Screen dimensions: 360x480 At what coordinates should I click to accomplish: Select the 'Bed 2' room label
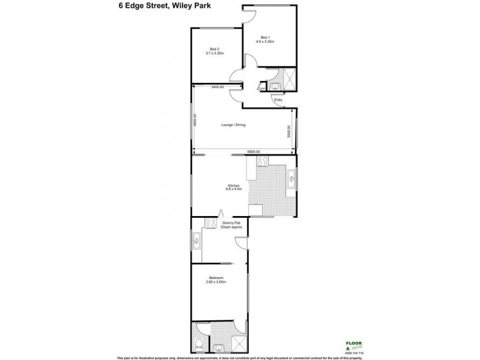[215, 51]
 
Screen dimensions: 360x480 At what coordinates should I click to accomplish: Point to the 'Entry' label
[278, 100]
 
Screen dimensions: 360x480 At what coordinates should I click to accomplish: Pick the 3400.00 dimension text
[217, 88]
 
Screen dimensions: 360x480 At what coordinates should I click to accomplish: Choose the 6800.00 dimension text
[253, 151]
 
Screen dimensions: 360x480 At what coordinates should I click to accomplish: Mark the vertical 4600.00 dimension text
[195, 120]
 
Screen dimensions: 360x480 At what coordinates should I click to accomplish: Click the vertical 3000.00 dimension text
[290, 131]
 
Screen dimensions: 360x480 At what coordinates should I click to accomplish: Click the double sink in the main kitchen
[291, 178]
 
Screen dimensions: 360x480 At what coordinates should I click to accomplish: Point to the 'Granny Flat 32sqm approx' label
[229, 225]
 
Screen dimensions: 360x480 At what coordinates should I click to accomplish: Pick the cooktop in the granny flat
[211, 223]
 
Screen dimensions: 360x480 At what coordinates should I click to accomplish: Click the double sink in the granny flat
[197, 242]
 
